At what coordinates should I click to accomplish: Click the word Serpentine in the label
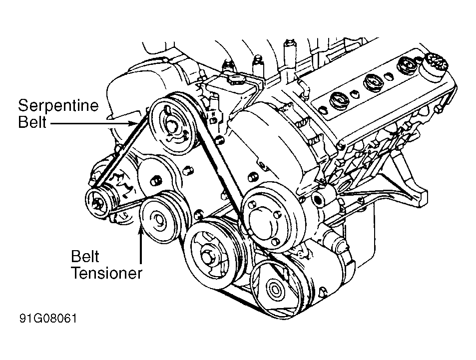click(x=58, y=106)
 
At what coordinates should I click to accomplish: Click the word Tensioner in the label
click(x=106, y=273)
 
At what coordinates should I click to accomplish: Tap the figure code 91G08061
click(x=48, y=319)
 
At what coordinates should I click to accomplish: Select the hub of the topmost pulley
click(x=172, y=126)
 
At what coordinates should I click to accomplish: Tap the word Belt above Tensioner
click(x=85, y=257)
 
